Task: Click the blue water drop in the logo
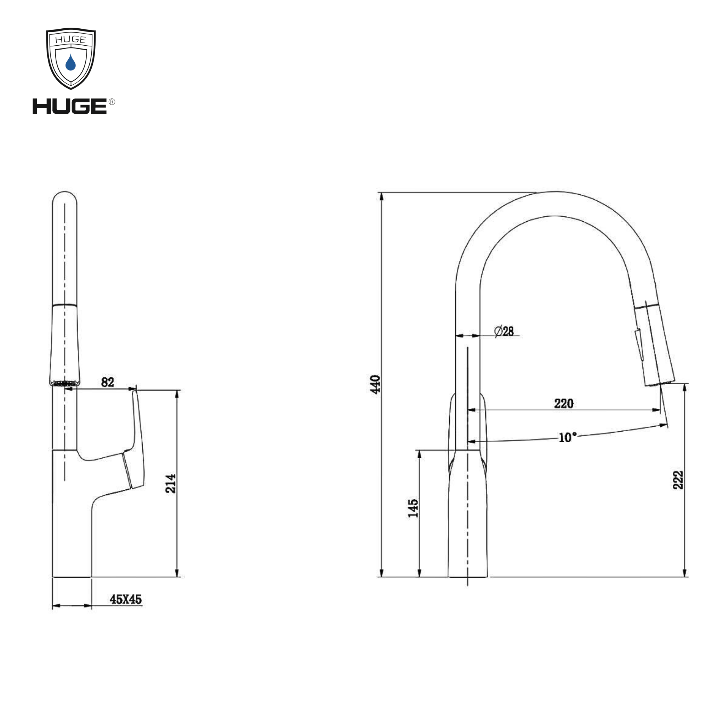(70, 62)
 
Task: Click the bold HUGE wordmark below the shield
(69, 107)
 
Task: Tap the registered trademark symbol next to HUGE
(112, 102)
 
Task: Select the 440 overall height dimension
(376, 384)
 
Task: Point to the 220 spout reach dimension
(564, 403)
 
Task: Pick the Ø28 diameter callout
(504, 331)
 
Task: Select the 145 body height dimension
(413, 508)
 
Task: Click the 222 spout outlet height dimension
(678, 480)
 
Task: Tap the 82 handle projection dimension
(108, 382)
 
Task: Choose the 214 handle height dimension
(171, 483)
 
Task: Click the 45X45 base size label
(125, 599)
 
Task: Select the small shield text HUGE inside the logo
(70, 40)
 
